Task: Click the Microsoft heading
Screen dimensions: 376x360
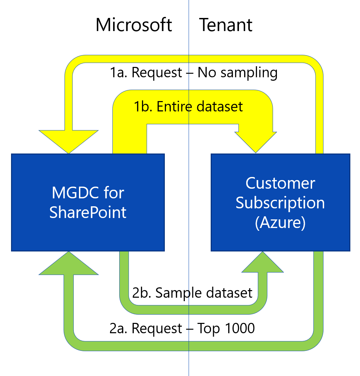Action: pos(134,25)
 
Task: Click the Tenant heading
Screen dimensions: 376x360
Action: pos(226,25)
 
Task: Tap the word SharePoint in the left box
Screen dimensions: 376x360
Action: pos(88,212)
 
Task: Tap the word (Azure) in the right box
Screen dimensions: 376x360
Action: pos(280,222)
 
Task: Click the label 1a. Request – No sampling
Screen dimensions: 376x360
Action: pos(194,73)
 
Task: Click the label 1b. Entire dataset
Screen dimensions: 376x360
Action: pos(188,107)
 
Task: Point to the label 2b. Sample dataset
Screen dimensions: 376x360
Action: pos(192,293)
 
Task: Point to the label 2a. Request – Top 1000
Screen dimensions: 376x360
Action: pos(182,328)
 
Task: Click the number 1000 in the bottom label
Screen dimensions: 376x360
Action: pos(240,328)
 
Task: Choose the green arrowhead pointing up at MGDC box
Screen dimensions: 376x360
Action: pos(69,264)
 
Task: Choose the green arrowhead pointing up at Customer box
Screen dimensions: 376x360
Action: pos(263,263)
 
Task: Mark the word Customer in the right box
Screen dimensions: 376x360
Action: pos(280,183)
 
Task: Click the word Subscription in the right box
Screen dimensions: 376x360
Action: pos(280,203)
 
